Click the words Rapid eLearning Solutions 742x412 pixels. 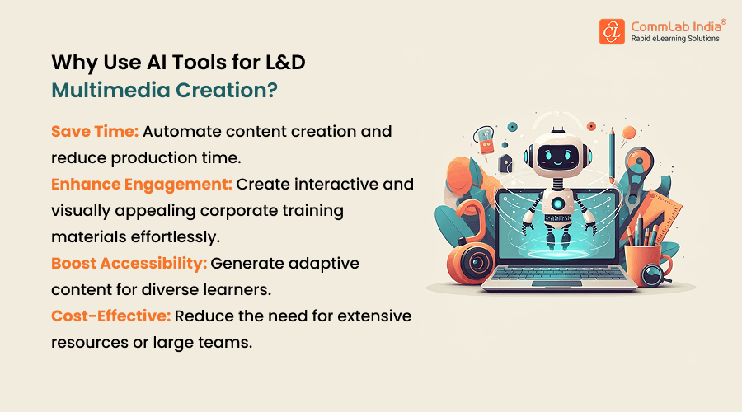674,39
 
